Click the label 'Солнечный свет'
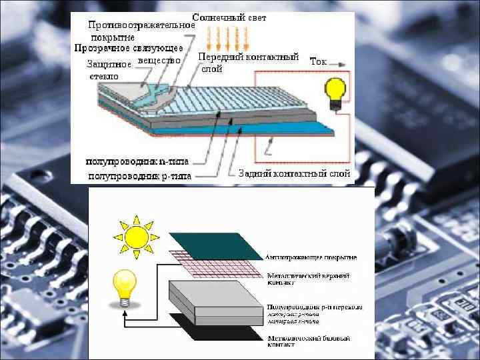pyautogui.click(x=229, y=17)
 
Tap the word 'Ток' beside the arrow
pyautogui.click(x=318, y=61)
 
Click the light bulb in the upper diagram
pyautogui.click(x=333, y=91)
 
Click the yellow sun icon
pyautogui.click(x=137, y=238)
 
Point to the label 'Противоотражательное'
pyautogui.click(x=141, y=25)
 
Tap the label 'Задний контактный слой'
pyautogui.click(x=294, y=173)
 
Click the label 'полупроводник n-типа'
pyautogui.click(x=137, y=161)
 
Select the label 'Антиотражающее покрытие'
pyautogui.click(x=311, y=257)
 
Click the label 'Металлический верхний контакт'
pyautogui.click(x=307, y=279)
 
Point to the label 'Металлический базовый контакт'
pyautogui.click(x=307, y=341)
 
